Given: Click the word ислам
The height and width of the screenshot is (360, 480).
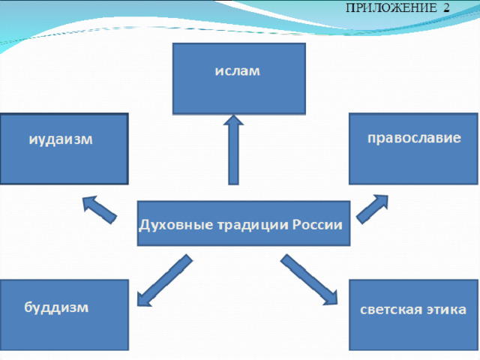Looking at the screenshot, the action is pyautogui.click(x=237, y=71).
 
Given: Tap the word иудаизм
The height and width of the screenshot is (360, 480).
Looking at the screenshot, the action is pyautogui.click(x=61, y=139).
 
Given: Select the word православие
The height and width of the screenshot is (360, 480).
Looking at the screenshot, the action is pyautogui.click(x=414, y=138).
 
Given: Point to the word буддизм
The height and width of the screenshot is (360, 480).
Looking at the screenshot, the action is pyautogui.click(x=56, y=307).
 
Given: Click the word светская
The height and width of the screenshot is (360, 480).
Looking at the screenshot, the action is pyautogui.click(x=388, y=310).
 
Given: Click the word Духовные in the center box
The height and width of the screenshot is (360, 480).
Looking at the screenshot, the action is pyautogui.click(x=176, y=225).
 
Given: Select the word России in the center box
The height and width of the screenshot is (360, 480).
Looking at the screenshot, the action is pyautogui.click(x=317, y=225).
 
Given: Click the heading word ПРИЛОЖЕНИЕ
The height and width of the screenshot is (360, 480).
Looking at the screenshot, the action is pyautogui.click(x=391, y=7).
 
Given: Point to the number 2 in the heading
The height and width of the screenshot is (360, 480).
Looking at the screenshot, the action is pyautogui.click(x=446, y=7).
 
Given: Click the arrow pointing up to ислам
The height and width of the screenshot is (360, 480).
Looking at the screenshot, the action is pyautogui.click(x=233, y=150).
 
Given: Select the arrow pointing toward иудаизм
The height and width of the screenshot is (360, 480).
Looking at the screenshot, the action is pyautogui.click(x=100, y=210).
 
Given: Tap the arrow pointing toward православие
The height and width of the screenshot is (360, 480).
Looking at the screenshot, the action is pyautogui.click(x=372, y=209).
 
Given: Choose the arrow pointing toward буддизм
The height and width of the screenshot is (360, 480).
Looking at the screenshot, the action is pyautogui.click(x=165, y=280).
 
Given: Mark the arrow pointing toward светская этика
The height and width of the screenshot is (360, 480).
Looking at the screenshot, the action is pyautogui.click(x=309, y=280).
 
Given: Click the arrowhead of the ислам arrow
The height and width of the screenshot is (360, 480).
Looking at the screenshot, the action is pyautogui.click(x=233, y=120).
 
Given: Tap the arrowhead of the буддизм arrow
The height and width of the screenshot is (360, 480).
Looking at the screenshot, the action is pyautogui.click(x=143, y=298).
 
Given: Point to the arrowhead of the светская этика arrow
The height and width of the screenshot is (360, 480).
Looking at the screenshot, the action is pyautogui.click(x=331, y=297).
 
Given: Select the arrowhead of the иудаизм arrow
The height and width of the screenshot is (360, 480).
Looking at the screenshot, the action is pyautogui.click(x=89, y=202).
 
